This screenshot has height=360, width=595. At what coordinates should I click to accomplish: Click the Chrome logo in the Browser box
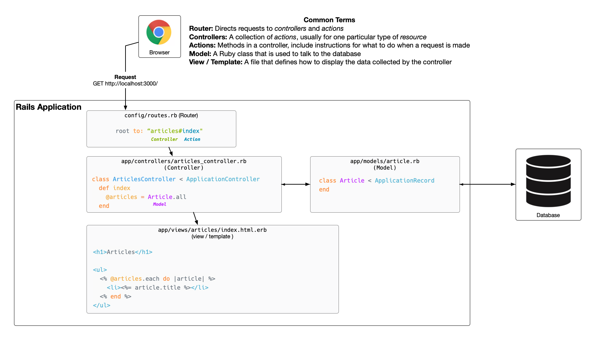pyautogui.click(x=159, y=32)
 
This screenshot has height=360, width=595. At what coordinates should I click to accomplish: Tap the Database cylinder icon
pyautogui.click(x=548, y=181)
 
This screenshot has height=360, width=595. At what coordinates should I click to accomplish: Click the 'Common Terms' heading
pyautogui.click(x=329, y=20)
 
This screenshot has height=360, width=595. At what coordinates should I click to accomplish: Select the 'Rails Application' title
pyautogui.click(x=49, y=107)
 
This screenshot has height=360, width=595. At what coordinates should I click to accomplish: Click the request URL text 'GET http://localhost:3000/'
pyautogui.click(x=125, y=84)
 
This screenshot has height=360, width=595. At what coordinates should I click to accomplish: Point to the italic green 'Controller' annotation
pyautogui.click(x=164, y=139)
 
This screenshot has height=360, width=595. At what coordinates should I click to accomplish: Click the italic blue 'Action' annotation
pyautogui.click(x=192, y=139)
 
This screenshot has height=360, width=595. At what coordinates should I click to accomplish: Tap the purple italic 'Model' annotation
pyautogui.click(x=159, y=204)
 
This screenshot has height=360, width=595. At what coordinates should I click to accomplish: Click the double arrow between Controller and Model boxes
pyautogui.click(x=296, y=184)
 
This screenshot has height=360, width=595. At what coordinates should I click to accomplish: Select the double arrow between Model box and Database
pyautogui.click(x=488, y=184)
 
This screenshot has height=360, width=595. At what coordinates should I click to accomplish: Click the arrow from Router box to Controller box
pyautogui.click(x=171, y=151)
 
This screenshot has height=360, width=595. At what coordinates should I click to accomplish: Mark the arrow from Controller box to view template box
pyautogui.click(x=196, y=218)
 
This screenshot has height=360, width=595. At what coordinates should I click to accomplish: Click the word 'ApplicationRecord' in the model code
pyautogui.click(x=404, y=181)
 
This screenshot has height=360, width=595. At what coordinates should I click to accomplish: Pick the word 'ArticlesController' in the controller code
pyautogui.click(x=144, y=179)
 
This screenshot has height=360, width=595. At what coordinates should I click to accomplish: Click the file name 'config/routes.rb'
pyautogui.click(x=150, y=116)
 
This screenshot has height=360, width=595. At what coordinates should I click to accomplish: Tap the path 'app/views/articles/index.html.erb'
pyautogui.click(x=212, y=230)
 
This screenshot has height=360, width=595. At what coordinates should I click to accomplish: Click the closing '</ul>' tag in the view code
pyautogui.click(x=102, y=305)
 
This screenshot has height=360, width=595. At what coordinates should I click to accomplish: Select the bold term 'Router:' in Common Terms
pyautogui.click(x=201, y=29)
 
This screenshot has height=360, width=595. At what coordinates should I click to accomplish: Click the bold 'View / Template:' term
pyautogui.click(x=216, y=62)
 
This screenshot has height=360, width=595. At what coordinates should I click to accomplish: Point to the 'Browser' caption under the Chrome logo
pyautogui.click(x=159, y=53)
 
